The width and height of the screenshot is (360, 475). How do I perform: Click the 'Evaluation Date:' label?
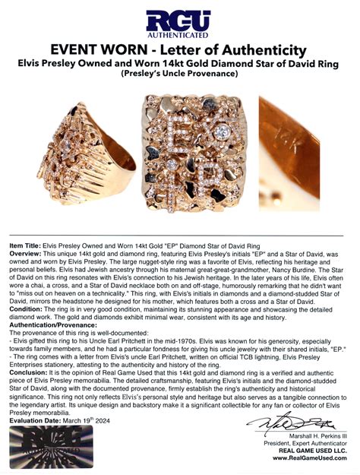(x=35, y=420)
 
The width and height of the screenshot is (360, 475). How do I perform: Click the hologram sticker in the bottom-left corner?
(x=50, y=448)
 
